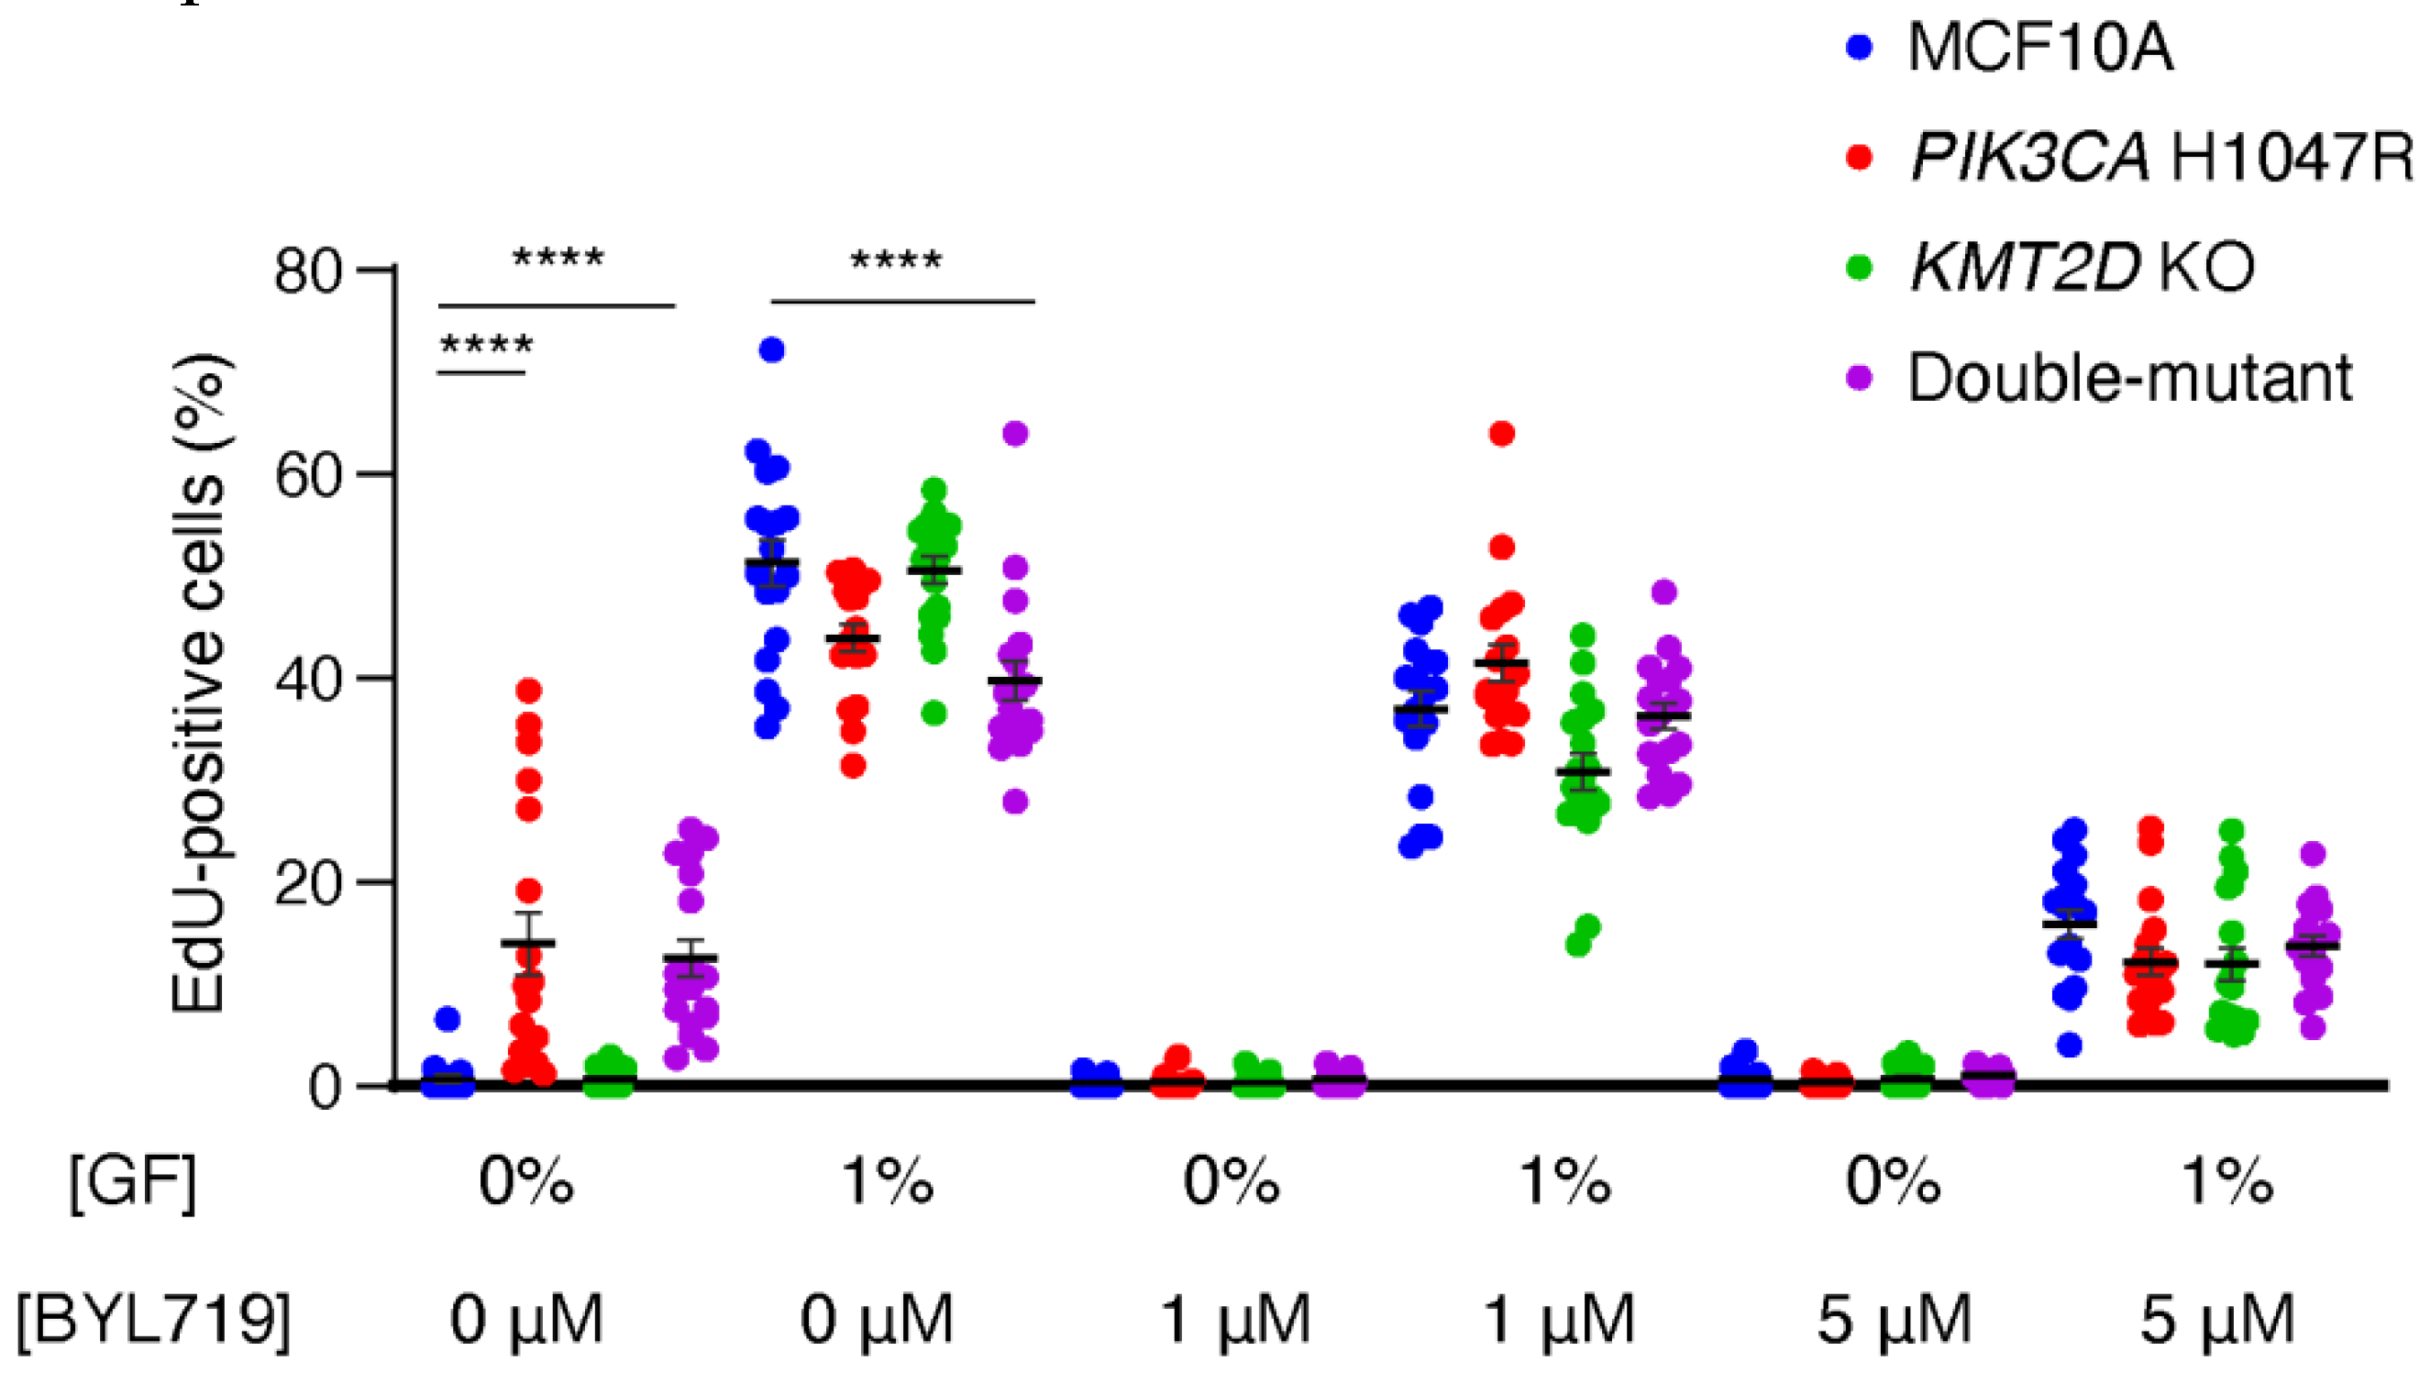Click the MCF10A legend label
pyautogui.click(x=2039, y=47)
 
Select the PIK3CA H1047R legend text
pyautogui.click(x=2161, y=157)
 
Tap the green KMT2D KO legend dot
pyautogui.click(x=1858, y=267)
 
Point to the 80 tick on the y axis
pyautogui.click(x=306, y=271)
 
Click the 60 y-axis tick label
pyautogui.click(x=306, y=476)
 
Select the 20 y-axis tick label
pyautogui.click(x=306, y=884)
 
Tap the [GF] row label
pyautogui.click(x=133, y=1181)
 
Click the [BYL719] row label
pyautogui.click(x=154, y=1318)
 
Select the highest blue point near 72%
pyautogui.click(x=772, y=350)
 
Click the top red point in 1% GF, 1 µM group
pyautogui.click(x=1501, y=434)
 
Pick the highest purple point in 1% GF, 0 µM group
pyautogui.click(x=1014, y=434)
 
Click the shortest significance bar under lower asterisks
pyautogui.click(x=481, y=372)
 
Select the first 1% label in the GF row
pyautogui.click(x=888, y=1181)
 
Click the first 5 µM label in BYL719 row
pyautogui.click(x=1894, y=1318)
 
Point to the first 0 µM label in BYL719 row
pyautogui.click(x=525, y=1318)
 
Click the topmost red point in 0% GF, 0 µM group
pyautogui.click(x=528, y=691)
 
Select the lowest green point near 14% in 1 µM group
pyautogui.click(x=1577, y=945)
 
